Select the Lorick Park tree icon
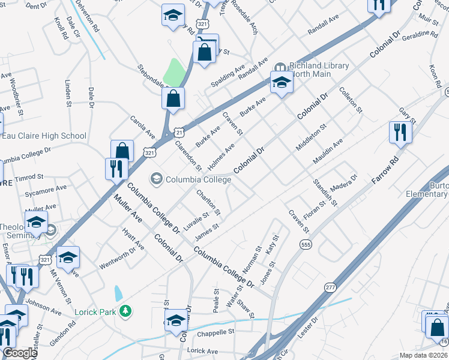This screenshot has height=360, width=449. tap(125, 311)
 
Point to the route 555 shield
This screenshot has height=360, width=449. tap(306, 244)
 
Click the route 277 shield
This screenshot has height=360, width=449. tap(330, 288)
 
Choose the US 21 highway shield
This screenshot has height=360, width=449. tap(178, 130)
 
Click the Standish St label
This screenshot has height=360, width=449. tap(325, 192)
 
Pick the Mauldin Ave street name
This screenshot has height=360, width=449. tap(328, 152)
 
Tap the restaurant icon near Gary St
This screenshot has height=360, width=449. tap(400, 133)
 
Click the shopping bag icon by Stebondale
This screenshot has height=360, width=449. tap(173, 99)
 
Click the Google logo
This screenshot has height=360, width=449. tap(20, 353)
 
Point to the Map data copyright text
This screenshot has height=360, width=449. tap(423, 355)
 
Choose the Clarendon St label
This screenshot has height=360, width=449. tap(188, 154)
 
